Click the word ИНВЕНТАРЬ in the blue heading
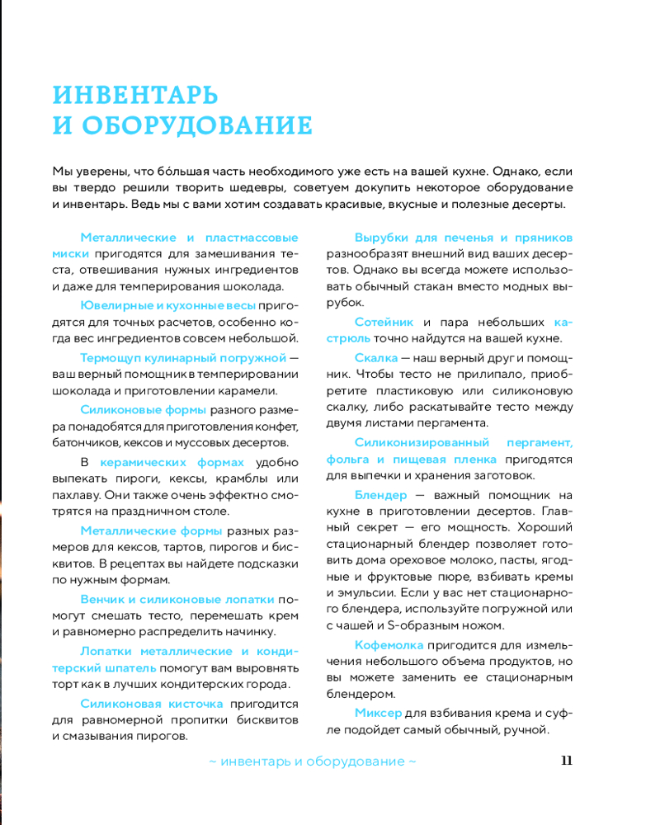pyautogui.click(x=135, y=94)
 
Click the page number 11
pyautogui.click(x=566, y=761)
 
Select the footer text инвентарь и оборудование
pyautogui.click(x=313, y=761)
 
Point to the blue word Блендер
pyautogui.click(x=381, y=495)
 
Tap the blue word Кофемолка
pyautogui.click(x=389, y=644)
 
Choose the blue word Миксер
pyautogui.click(x=379, y=712)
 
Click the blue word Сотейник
pyautogui.click(x=384, y=322)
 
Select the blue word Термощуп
pyautogui.click(x=114, y=358)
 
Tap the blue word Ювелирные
pyautogui.click(x=116, y=306)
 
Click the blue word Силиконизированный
pyautogui.click(x=422, y=443)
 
